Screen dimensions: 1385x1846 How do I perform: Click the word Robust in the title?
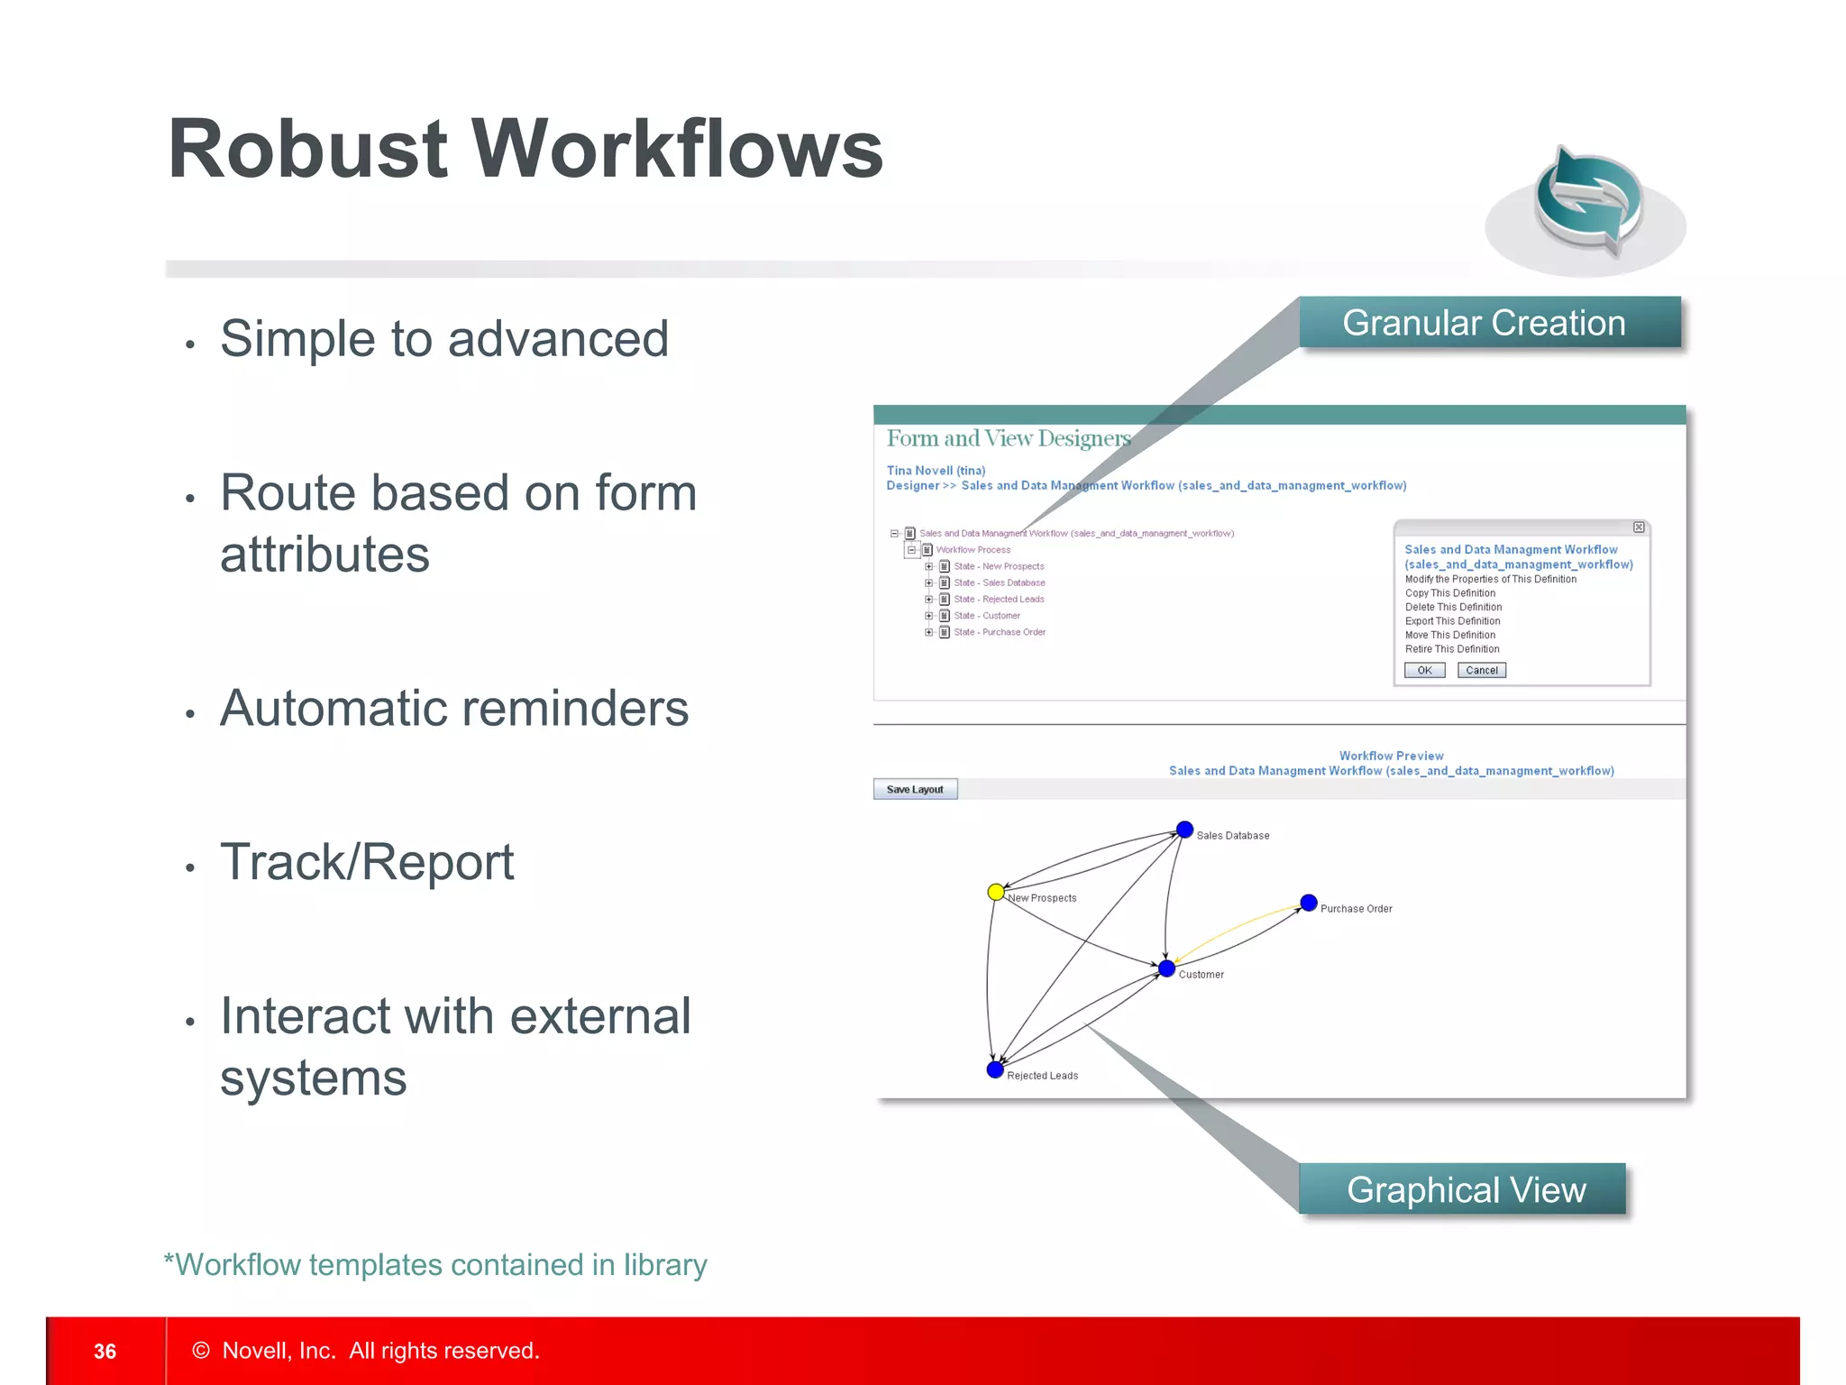pos(307,150)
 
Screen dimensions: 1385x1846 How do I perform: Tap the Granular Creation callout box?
pos(1489,323)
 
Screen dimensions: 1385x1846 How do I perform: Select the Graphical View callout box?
pos(1464,1189)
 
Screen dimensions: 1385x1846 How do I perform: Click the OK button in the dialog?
pos(1424,670)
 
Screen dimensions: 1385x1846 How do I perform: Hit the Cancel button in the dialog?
pos(1481,670)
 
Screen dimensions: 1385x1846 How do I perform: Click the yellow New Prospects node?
pos(995,892)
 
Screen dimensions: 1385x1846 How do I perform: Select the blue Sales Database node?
pos(1184,830)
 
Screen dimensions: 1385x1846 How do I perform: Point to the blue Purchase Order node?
pos(1309,903)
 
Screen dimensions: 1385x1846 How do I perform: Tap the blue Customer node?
pos(1166,968)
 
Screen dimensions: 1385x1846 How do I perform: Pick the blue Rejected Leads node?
pos(995,1069)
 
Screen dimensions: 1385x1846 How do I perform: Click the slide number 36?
pos(105,1351)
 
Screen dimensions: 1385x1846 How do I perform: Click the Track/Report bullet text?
pos(367,862)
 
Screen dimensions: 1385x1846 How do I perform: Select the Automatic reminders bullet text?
pos(453,708)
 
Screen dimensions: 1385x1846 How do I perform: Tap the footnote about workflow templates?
pos(435,1264)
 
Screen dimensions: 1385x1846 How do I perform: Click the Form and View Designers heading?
pos(1008,438)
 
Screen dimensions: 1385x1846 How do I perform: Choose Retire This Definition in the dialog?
pos(1451,649)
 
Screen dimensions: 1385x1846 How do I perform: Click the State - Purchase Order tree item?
pos(999,632)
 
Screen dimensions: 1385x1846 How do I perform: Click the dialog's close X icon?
pos(1639,527)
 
